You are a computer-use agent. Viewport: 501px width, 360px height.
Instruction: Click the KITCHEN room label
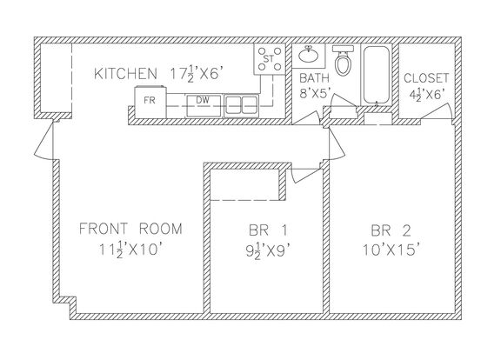[x=125, y=74]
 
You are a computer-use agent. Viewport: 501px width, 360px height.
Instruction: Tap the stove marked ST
[x=270, y=59]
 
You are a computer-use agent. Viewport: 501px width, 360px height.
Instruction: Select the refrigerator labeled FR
[x=150, y=102]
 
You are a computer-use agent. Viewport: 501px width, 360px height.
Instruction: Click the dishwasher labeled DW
[x=204, y=105]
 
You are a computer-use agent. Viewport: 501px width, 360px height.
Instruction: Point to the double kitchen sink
[x=241, y=105]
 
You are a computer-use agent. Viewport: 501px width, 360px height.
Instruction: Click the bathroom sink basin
[x=309, y=56]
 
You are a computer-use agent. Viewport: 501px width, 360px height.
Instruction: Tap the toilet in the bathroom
[x=344, y=61]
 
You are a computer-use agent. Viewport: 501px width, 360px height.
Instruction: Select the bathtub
[x=377, y=75]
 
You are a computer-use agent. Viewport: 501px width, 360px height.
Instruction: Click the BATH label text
[x=314, y=78]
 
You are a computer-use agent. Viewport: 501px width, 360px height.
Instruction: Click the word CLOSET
[x=426, y=78]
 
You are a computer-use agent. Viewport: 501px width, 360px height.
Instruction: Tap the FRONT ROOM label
[x=130, y=229]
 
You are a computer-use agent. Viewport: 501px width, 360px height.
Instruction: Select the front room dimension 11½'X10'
[x=132, y=250]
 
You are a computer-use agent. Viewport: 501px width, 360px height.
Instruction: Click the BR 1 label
[x=268, y=230]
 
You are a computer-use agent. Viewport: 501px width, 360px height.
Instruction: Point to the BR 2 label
[x=391, y=230]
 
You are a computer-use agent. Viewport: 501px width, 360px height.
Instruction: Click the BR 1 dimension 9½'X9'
[x=269, y=251]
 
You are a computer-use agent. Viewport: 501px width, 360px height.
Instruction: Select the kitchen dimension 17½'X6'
[x=196, y=75]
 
